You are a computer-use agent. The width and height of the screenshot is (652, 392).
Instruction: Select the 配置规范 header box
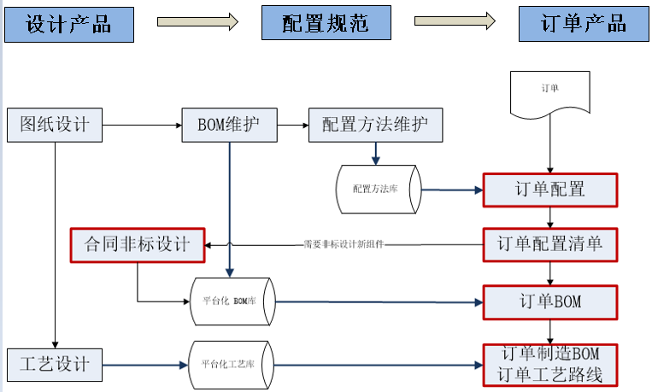pyautogui.click(x=326, y=23)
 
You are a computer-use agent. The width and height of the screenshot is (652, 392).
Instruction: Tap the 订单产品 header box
pyautogui.click(x=584, y=23)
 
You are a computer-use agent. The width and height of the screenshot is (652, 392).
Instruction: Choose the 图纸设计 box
pyautogui.click(x=55, y=125)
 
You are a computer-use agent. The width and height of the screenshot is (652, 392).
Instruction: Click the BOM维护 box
pyautogui.click(x=229, y=125)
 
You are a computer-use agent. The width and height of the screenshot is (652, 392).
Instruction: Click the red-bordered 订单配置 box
pyautogui.click(x=549, y=190)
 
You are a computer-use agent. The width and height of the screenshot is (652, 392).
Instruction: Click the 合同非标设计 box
pyautogui.click(x=138, y=245)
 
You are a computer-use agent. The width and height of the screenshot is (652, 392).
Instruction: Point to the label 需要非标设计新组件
pyautogui.click(x=344, y=243)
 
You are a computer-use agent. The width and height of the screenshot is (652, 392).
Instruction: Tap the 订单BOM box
pyautogui.click(x=549, y=301)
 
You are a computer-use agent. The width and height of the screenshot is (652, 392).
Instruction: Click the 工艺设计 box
pyautogui.click(x=55, y=365)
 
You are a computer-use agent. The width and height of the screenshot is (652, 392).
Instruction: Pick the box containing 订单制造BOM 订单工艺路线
pyautogui.click(x=549, y=364)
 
